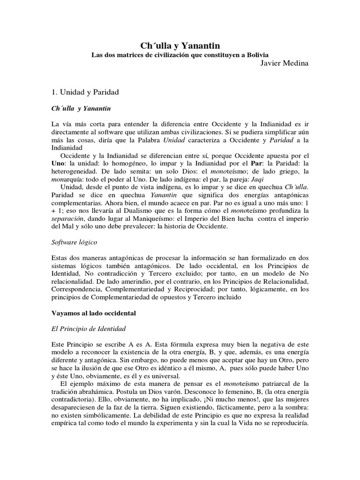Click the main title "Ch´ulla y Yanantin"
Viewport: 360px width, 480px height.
pyautogui.click(x=180, y=45)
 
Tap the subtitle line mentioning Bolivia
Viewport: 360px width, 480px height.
pyautogui.click(x=180, y=55)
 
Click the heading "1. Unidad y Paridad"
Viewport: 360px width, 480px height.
pyautogui.click(x=85, y=92)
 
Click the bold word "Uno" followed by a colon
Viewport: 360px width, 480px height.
pyautogui.click(x=58, y=163)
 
